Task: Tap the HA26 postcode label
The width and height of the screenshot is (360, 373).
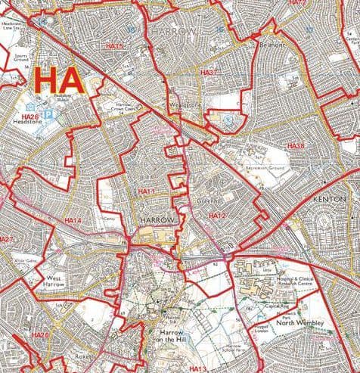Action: point(29,117)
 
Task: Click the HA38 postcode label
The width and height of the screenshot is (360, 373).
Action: point(295,145)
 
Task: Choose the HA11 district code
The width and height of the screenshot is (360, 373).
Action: point(145,192)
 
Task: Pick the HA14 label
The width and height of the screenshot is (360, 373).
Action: point(73,220)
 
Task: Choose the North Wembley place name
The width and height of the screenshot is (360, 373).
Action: point(299,324)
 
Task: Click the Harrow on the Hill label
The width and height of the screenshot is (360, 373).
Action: point(177,337)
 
